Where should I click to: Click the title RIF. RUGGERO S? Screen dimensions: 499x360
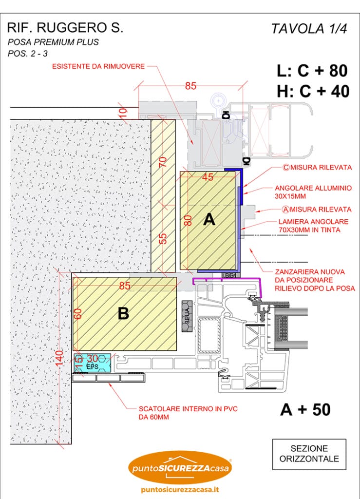(65, 28)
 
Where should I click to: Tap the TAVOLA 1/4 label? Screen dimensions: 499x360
(309, 29)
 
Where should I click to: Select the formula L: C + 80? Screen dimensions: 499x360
(312, 71)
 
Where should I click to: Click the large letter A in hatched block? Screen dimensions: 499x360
(209, 220)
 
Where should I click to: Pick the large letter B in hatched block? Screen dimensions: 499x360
(123, 314)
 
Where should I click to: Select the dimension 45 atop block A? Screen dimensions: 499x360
(208, 178)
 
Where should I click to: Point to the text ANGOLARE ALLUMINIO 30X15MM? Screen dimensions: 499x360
(313, 192)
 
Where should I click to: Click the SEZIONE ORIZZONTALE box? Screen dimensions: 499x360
(309, 453)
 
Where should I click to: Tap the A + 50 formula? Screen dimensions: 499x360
(305, 410)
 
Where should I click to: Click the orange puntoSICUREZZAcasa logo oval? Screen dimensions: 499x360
(180, 467)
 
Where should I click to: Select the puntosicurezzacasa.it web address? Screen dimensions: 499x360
(179, 490)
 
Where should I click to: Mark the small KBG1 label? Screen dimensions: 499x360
(229, 275)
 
